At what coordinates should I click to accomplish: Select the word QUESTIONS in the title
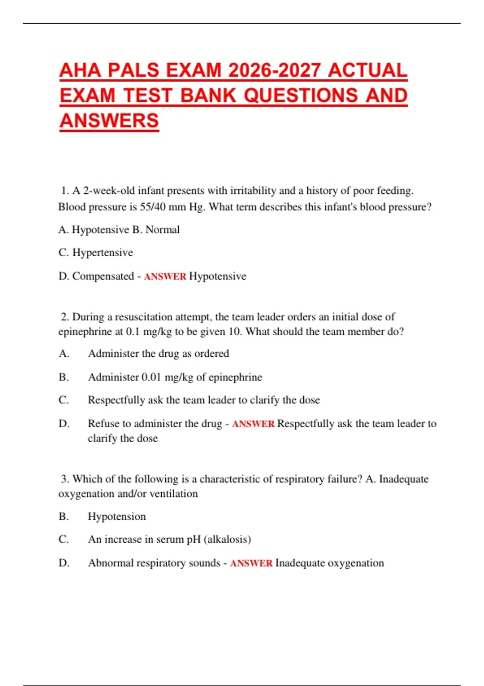point(301,96)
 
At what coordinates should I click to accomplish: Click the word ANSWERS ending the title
point(109,121)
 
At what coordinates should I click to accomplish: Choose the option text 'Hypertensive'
point(102,253)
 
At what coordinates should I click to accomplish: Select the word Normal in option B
point(163,230)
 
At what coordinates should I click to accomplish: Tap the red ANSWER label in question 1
point(165,276)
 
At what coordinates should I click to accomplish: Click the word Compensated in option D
point(103,276)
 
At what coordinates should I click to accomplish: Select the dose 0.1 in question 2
point(133,332)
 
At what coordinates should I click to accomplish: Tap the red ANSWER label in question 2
point(253,424)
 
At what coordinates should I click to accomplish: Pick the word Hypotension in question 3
point(117,517)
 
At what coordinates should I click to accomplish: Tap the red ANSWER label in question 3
point(251,563)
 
